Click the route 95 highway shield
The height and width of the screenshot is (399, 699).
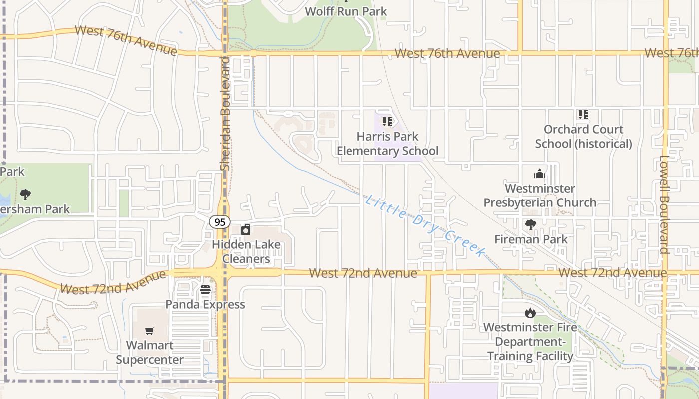(219, 222)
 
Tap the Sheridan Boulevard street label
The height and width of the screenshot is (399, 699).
(225, 114)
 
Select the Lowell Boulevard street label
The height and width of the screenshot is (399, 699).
(664, 204)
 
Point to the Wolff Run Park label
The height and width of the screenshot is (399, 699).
(346, 11)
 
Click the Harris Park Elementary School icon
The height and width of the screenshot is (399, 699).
(387, 122)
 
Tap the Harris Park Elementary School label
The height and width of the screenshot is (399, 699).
(387, 144)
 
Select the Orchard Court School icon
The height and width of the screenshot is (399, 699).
(583, 115)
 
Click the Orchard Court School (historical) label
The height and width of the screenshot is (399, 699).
(583, 137)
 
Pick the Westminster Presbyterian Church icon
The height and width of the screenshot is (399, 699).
(540, 174)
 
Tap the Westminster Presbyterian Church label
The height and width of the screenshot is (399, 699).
(540, 196)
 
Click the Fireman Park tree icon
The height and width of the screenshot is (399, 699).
(530, 225)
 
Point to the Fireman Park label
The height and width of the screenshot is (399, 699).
(531, 239)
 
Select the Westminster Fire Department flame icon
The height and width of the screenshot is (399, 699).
(530, 313)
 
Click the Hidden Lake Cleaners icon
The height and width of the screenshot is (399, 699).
(246, 230)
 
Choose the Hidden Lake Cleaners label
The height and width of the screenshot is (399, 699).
(246, 252)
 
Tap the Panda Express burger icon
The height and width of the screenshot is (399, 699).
(205, 290)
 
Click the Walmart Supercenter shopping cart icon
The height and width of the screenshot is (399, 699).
(149, 331)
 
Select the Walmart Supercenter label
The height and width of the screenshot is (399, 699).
(150, 352)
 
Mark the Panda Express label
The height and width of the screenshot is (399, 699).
(205, 304)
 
